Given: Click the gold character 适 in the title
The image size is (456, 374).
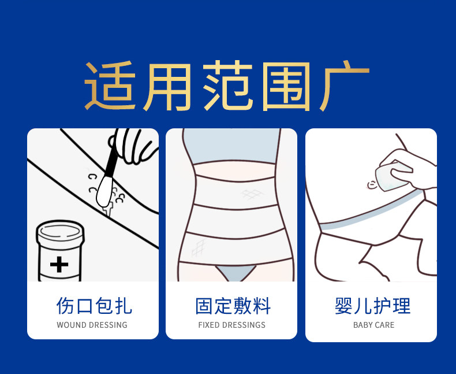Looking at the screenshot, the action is coord(110,86).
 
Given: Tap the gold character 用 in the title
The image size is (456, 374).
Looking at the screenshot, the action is coord(167,87).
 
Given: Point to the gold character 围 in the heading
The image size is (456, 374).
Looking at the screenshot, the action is coord(286,87).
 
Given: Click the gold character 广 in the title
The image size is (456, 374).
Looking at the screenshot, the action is coord(345,86).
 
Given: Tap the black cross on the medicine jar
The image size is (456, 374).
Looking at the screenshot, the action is coord(59,264).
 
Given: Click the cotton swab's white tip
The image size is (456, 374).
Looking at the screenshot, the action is coord(104,191).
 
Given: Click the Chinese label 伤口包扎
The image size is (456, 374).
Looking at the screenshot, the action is coord(94,306).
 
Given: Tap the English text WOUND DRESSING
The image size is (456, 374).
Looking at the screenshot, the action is coord(92,325).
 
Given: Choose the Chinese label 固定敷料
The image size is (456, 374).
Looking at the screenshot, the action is coord(233,306).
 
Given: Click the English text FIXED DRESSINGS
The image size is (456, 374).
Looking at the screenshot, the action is coord(232,325).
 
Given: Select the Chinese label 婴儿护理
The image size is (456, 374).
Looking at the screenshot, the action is coord(372,306).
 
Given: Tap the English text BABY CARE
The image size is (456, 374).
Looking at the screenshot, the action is coord(373,325).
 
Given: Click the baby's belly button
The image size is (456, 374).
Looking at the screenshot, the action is coord(372,184).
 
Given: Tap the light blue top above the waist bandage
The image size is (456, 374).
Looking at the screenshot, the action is coord(232,146).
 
